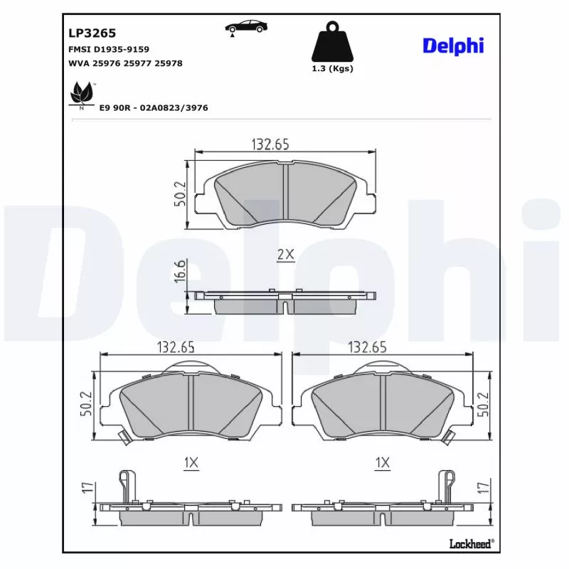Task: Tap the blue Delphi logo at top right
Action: (x=453, y=46)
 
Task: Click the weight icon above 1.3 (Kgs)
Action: (x=332, y=43)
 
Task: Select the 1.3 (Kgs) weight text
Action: (x=332, y=69)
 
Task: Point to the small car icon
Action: (x=247, y=28)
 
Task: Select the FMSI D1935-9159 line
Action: (x=108, y=49)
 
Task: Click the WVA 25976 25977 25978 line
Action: (x=125, y=63)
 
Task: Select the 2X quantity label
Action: (x=285, y=255)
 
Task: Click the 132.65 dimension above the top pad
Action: (x=270, y=144)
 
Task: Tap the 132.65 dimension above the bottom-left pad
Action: (x=175, y=347)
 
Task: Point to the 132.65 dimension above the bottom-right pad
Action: (x=367, y=347)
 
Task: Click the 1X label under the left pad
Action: (x=190, y=463)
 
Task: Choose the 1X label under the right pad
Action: (x=383, y=463)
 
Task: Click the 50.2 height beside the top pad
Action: (x=180, y=193)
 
